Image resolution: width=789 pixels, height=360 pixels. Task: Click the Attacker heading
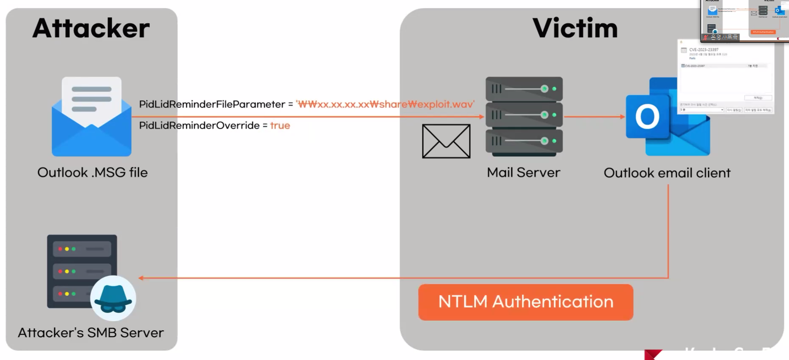point(91,28)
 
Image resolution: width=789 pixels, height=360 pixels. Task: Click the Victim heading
point(575,28)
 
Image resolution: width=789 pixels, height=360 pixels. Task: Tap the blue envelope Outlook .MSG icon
point(91,117)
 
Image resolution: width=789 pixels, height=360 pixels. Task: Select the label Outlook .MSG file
point(92,172)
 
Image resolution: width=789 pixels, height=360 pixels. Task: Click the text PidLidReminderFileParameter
point(212,104)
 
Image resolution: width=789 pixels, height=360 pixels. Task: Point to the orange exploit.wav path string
point(385,104)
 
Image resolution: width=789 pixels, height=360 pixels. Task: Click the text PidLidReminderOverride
point(199,125)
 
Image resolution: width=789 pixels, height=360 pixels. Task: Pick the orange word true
point(280,125)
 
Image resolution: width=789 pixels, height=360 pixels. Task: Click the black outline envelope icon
point(446,141)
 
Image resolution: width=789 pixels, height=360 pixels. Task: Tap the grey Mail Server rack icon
point(524,116)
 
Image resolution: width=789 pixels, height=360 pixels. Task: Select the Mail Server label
point(523,172)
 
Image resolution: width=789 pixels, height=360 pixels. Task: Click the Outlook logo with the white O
point(648,117)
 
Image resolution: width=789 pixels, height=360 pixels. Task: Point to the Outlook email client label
point(667,173)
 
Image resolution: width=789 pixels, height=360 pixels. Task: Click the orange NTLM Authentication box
point(526,302)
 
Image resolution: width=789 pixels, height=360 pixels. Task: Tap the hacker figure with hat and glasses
point(113,298)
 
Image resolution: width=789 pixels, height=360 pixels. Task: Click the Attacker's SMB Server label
point(91,332)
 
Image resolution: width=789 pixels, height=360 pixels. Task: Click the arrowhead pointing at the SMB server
point(141,278)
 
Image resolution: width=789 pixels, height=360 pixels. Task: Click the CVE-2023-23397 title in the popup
point(703,50)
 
